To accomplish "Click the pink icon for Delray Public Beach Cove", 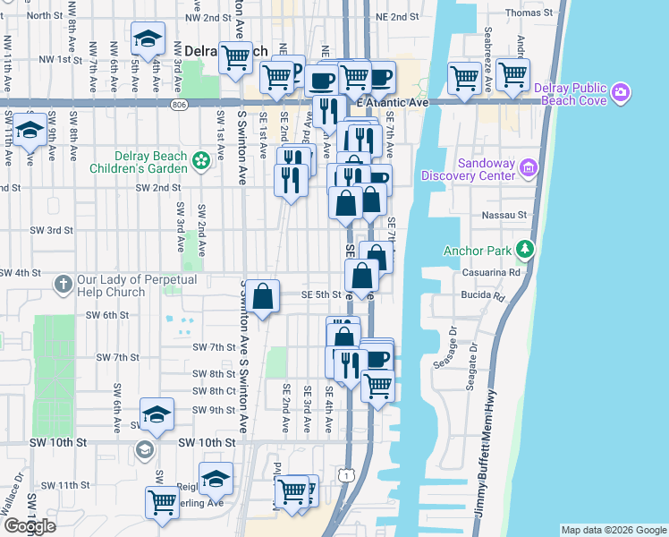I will click(x=622, y=93).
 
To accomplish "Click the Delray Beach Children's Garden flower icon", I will click(x=201, y=160).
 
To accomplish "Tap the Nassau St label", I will click(x=509, y=216).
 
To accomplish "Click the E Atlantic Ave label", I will click(x=392, y=105).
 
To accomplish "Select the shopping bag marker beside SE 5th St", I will click(x=263, y=297).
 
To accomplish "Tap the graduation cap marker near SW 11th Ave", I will click(x=30, y=130).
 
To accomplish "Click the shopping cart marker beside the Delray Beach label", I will click(x=236, y=58).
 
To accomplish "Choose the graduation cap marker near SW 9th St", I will click(x=157, y=414).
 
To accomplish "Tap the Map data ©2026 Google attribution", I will click(x=613, y=530).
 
